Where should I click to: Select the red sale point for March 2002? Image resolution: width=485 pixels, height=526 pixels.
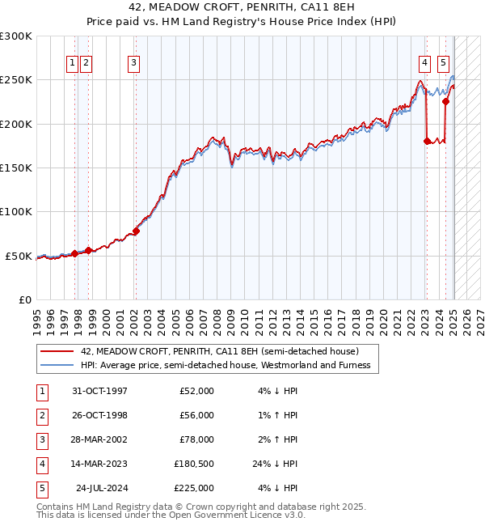coord(136,231)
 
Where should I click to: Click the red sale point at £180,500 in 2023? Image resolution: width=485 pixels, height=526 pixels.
coord(427,141)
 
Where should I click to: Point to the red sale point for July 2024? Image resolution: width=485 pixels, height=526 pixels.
coord(445,102)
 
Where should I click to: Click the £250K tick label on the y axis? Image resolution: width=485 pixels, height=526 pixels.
coord(16,80)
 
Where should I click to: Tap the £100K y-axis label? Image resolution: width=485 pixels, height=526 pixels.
coord(16,211)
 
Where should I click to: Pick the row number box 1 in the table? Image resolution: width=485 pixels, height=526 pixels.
coord(42,391)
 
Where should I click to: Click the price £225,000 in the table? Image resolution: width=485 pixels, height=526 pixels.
coord(194,488)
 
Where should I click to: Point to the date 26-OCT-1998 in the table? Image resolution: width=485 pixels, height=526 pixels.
coord(100,415)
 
